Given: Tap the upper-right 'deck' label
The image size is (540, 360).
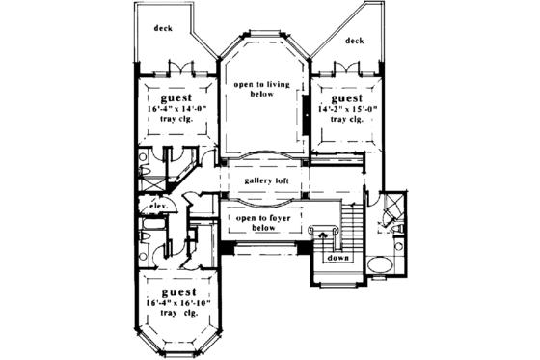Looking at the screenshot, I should [355, 42].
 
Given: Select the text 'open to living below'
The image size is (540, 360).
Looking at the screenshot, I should [260, 90].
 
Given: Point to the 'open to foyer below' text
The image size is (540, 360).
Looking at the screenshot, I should [261, 225].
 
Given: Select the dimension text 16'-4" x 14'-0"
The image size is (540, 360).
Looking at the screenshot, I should [175, 110].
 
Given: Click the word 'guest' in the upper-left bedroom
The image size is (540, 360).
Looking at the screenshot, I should [175, 98].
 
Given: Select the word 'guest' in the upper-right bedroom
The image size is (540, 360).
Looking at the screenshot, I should [347, 98].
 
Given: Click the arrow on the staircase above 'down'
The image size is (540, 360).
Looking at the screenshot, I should [322, 235].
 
